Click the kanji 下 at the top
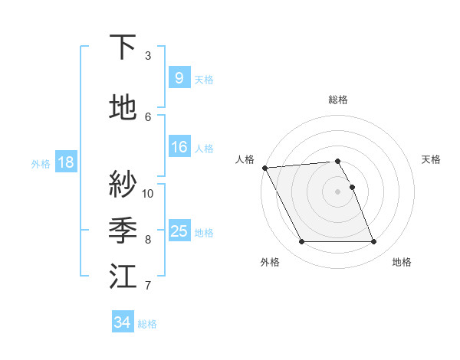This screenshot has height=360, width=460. pos(123,47)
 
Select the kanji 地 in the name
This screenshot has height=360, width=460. pos(123,108)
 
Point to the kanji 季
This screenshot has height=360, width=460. pos(123,230)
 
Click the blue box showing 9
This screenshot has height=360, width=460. pos(179,78)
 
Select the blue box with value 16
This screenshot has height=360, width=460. pos(179,147)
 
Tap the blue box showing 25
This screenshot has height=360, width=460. pos(179,231)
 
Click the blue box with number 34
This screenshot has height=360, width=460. pos(122,322)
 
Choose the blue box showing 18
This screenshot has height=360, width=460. pos(65,162)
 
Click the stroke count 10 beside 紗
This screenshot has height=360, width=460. pos(148,193)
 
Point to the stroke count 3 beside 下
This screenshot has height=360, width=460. pos(148,56)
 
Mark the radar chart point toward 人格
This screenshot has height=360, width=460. pos(264,168)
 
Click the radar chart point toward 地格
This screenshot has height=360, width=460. pos(374,242)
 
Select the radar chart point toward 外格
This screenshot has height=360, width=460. pos(301,242)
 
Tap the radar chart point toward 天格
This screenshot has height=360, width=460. pos(352,187)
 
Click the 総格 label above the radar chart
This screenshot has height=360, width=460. pos(337,100)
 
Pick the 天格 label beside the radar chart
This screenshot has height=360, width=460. pos(431,159)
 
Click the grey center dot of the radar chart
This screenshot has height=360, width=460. pos(337,191)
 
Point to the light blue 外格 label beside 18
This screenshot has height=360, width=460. pos(41,163)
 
